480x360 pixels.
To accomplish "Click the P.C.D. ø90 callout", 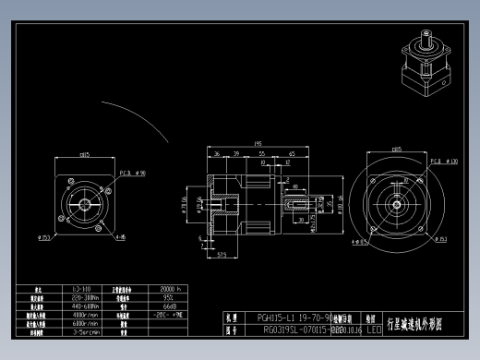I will pyautogui.click(x=134, y=173).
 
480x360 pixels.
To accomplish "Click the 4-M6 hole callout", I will pyautogui.click(x=120, y=236).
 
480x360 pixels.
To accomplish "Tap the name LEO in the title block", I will pyautogui.click(x=373, y=328).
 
